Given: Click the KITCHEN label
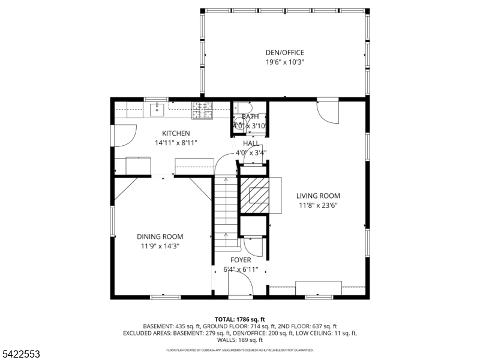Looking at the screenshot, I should pyautogui.click(x=176, y=133).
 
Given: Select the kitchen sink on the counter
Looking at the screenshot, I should pyautogui.click(x=158, y=109).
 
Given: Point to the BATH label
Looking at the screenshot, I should pyautogui.click(x=250, y=116).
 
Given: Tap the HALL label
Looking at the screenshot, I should pyautogui.click(x=251, y=143).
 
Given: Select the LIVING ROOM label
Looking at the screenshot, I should pyautogui.click(x=318, y=196).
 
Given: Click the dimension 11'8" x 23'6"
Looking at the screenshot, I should pyautogui.click(x=318, y=205).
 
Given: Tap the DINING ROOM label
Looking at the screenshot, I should pyautogui.click(x=160, y=236).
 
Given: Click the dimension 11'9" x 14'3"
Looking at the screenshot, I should pyautogui.click(x=160, y=246).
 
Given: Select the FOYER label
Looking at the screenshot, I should pyautogui.click(x=241, y=260).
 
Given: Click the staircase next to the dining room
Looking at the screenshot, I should pyautogui.click(x=226, y=207).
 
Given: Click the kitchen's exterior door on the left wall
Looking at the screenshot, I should pyautogui.click(x=124, y=136).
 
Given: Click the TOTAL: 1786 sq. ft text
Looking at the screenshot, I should pyautogui.click(x=239, y=319).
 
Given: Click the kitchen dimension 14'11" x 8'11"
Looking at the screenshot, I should pyautogui.click(x=176, y=143).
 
